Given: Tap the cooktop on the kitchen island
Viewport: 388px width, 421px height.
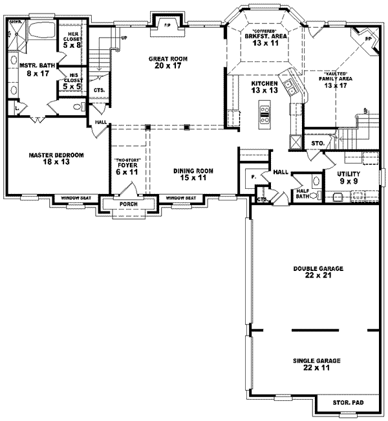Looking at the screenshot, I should pos(265,114).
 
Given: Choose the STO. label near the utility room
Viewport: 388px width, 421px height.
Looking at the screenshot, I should pos(317,143).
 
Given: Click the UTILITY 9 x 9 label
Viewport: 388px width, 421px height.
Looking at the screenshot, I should pos(349,178).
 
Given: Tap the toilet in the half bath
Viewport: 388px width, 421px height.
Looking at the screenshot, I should pos(316,195).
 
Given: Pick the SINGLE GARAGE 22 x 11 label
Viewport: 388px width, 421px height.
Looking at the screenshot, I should pos(316,364).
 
